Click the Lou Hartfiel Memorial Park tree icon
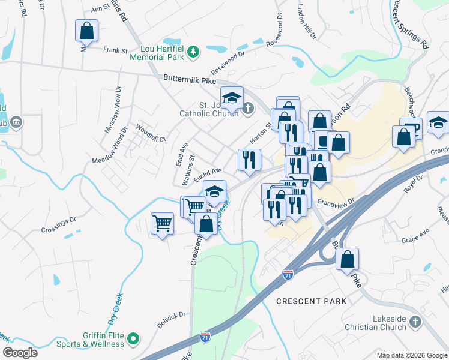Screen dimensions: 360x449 point(193,53)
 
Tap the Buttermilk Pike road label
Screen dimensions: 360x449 point(189,79)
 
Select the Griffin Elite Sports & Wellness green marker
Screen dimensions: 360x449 point(134,340)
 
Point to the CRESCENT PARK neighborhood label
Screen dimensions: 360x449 point(311,301)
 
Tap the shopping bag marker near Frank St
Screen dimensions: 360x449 point(86,31)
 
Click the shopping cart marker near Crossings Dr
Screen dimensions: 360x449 point(163,224)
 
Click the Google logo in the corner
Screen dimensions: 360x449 point(19,352)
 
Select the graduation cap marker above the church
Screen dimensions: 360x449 point(232,97)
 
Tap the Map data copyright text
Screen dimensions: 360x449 point(411,355)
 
